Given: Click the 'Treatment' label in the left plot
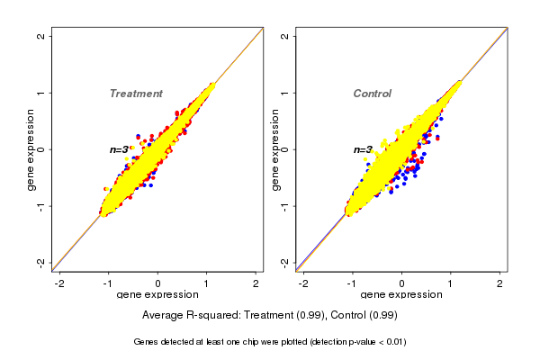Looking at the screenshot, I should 136,94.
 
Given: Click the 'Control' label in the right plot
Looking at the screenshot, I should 373,94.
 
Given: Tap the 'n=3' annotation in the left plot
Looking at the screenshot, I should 120,149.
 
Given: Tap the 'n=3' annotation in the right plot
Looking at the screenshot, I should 363,149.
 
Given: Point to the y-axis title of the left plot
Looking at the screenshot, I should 31,149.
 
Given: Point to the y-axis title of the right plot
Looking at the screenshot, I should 274,149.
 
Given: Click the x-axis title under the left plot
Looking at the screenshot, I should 157,295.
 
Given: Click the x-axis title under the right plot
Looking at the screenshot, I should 400,295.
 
